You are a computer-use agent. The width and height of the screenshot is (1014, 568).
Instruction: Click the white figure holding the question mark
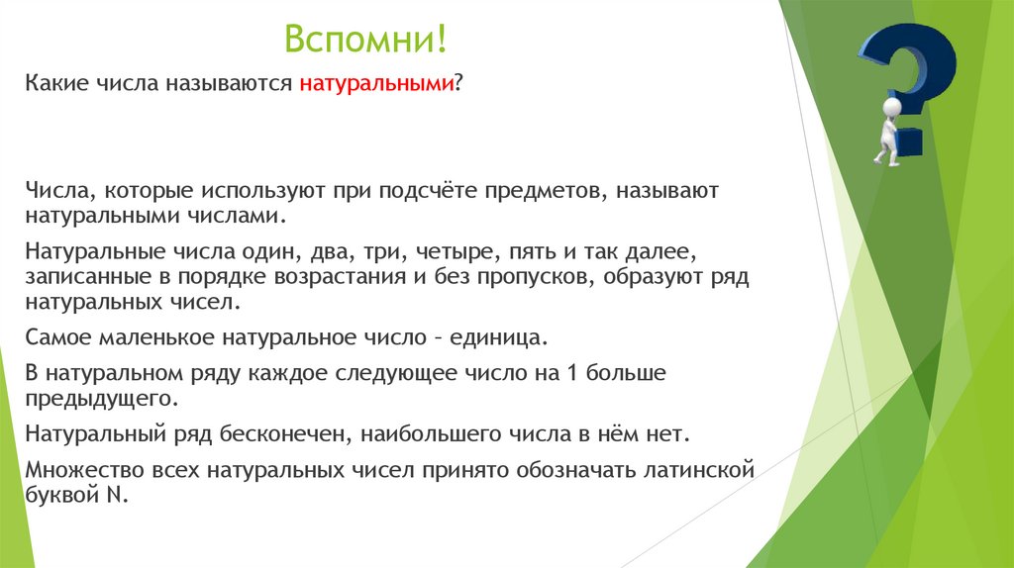(x=888, y=129)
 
